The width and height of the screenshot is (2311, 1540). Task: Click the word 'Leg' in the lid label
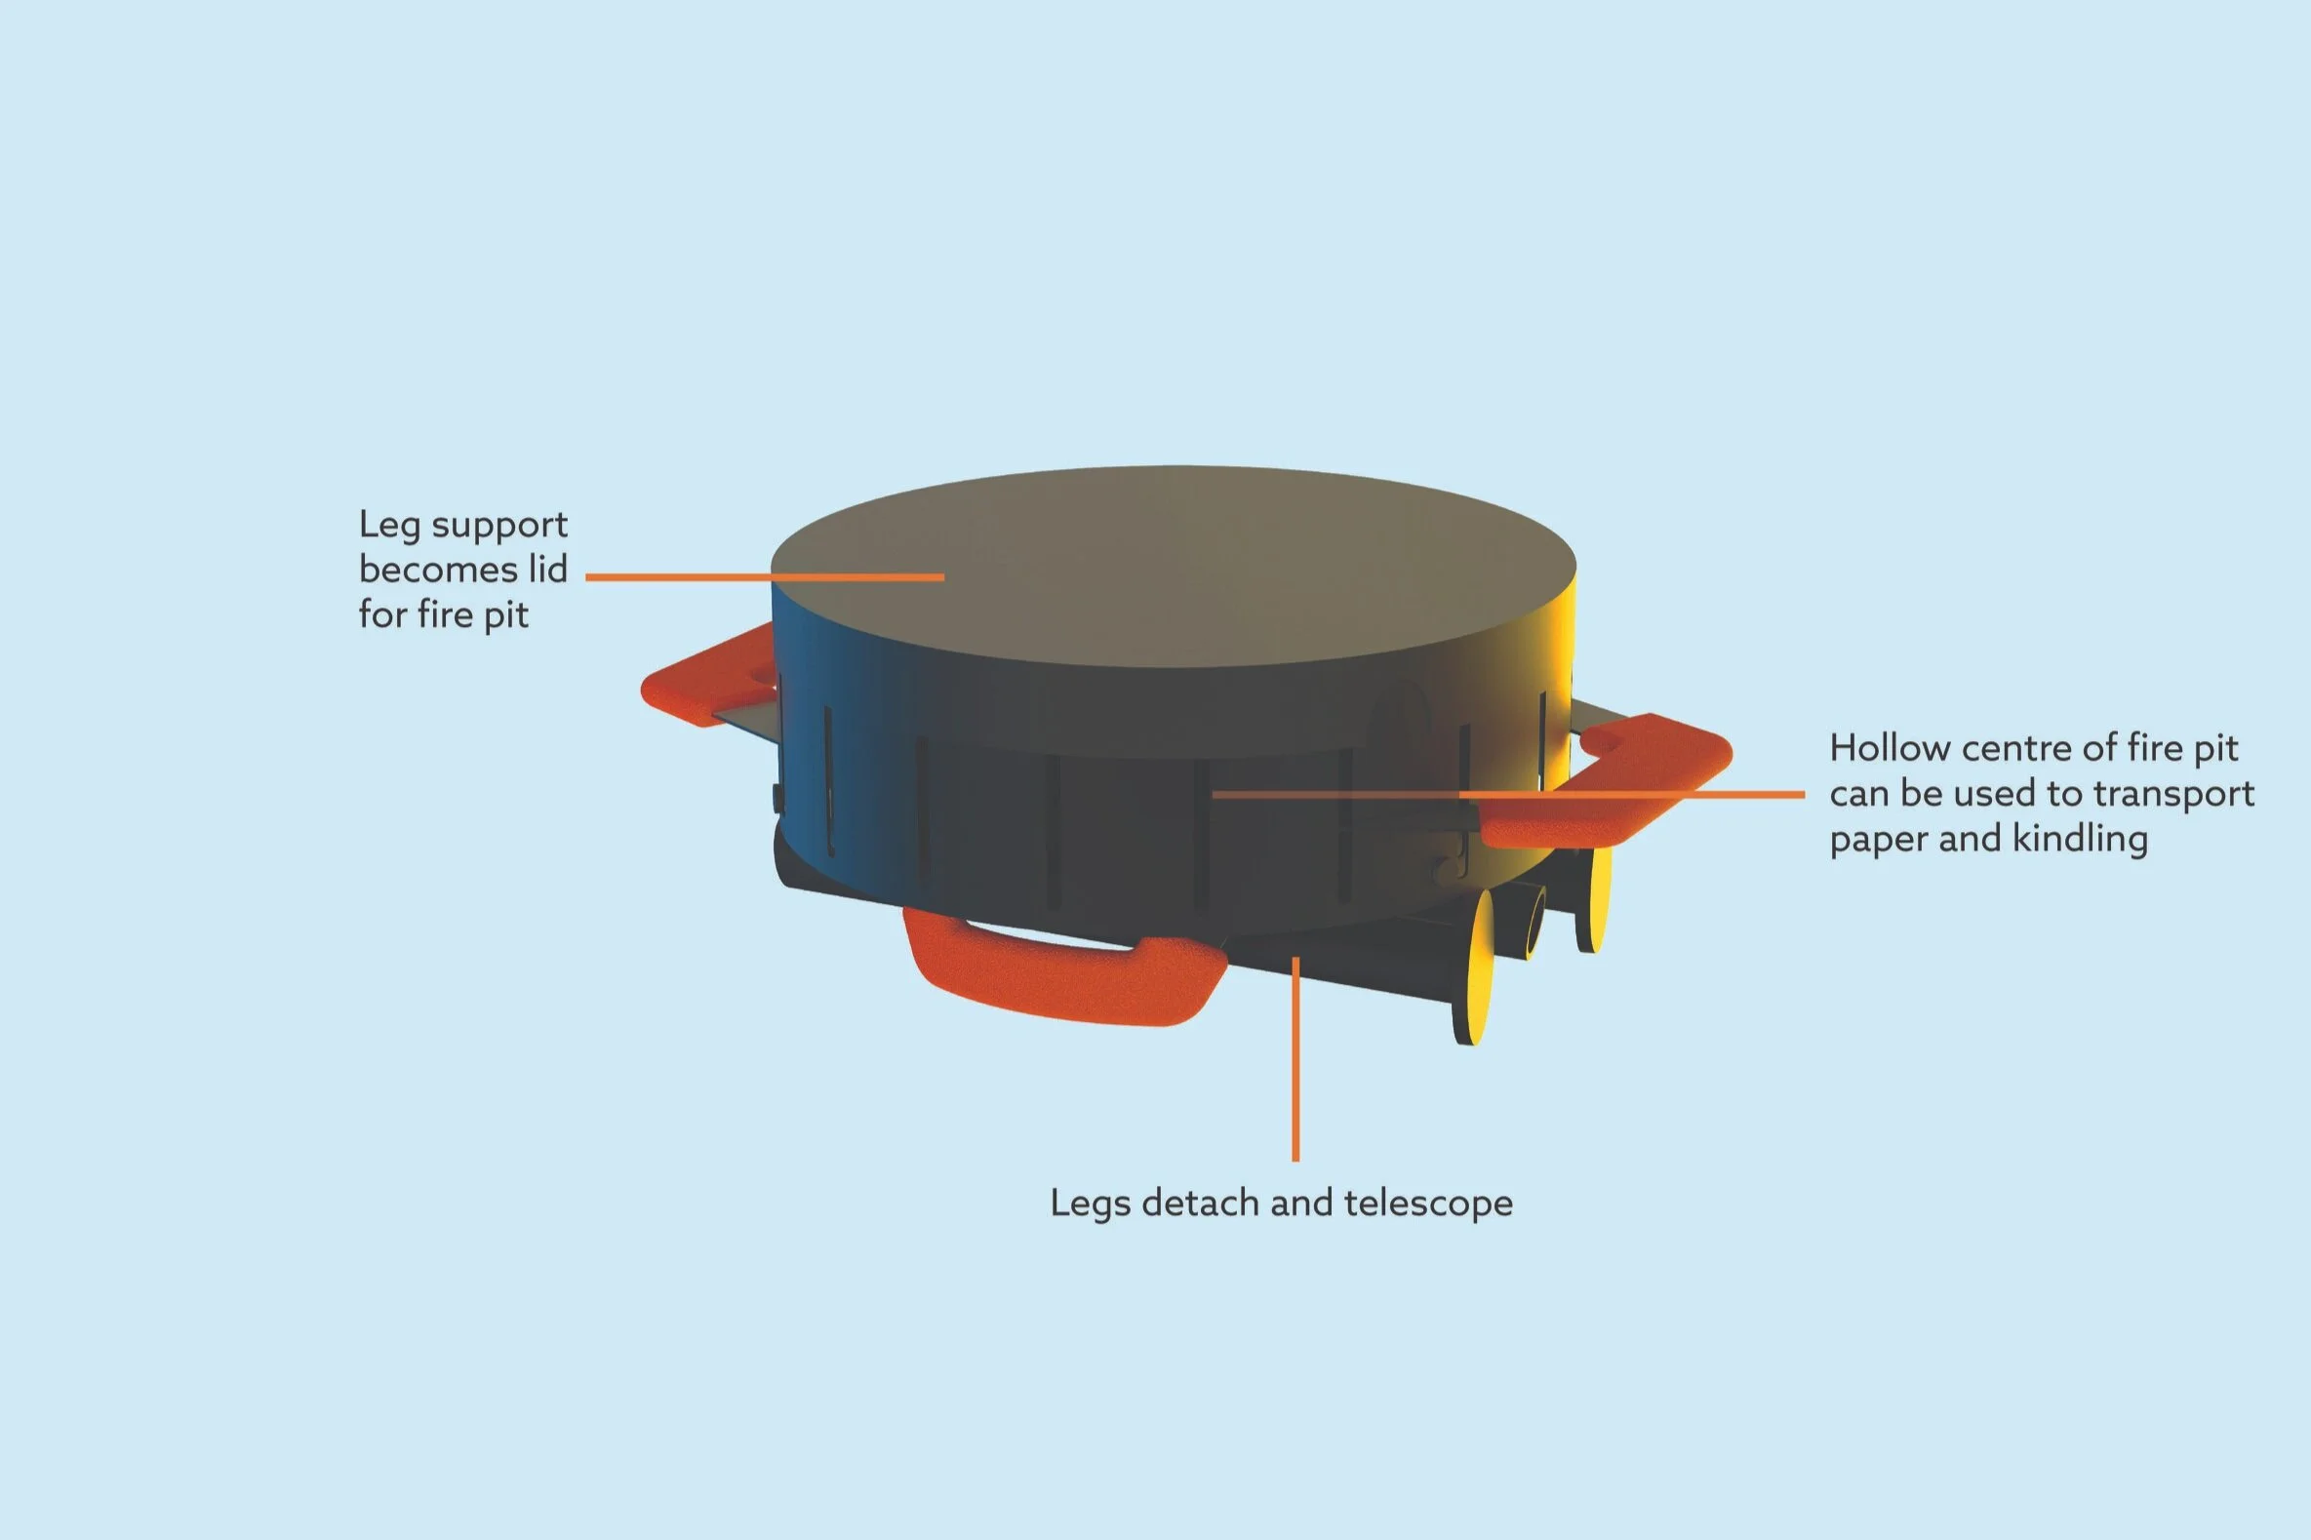[x=388, y=526]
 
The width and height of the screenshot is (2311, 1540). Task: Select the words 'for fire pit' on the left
[x=443, y=614]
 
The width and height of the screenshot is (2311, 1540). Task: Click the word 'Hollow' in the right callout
[x=1889, y=748]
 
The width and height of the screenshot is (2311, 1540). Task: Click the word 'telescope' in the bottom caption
[x=1428, y=1204]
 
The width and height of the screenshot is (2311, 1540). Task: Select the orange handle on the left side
[x=702, y=678]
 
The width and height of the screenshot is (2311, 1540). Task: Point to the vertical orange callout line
[x=1295, y=1061]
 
